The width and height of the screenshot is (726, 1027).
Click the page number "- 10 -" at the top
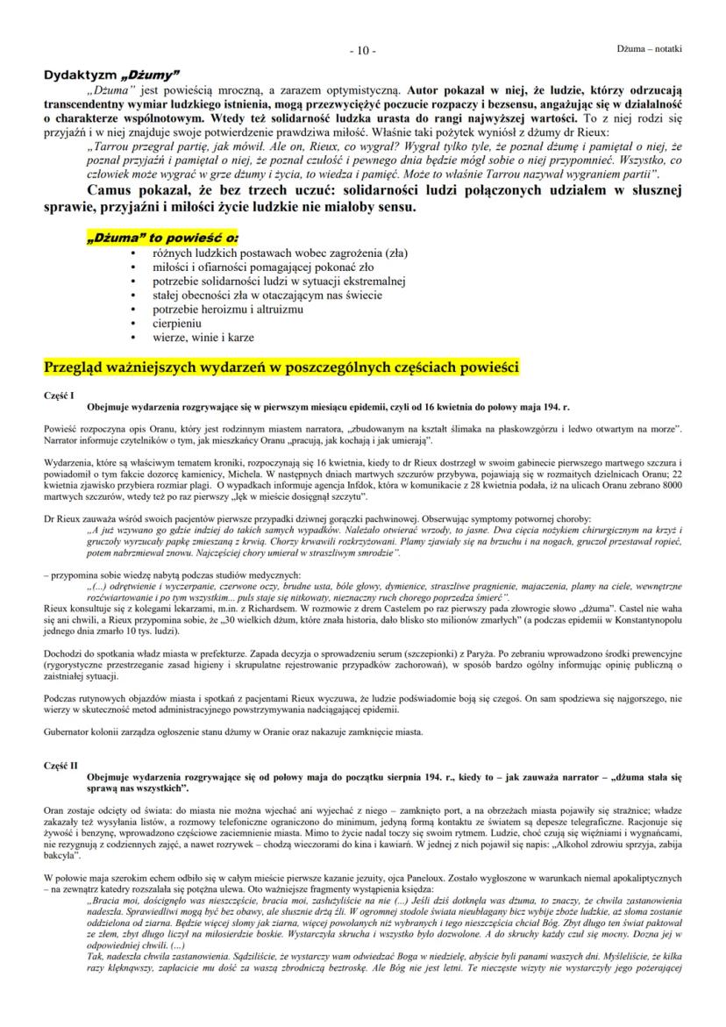click(x=362, y=50)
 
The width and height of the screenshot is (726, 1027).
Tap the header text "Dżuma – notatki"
click(x=650, y=48)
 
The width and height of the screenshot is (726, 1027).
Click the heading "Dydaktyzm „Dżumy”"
click(x=111, y=74)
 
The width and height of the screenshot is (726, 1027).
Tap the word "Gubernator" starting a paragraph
click(x=68, y=731)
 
